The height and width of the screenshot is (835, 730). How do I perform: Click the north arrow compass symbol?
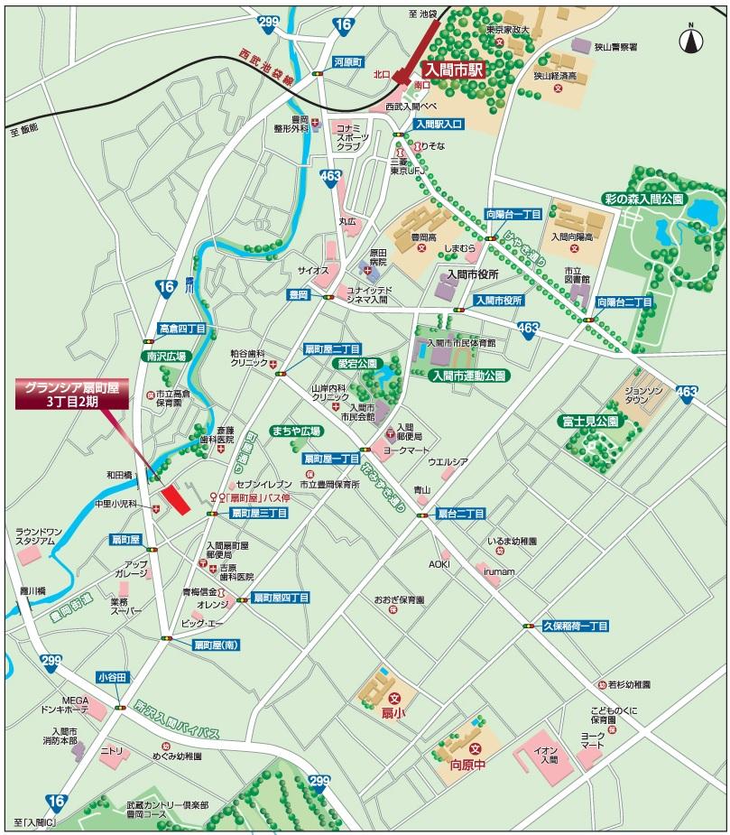pos(691,37)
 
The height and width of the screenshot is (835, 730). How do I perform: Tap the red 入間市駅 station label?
pos(456,69)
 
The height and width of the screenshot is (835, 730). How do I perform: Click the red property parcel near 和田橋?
pos(176,498)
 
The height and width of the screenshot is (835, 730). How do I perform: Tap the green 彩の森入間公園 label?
pos(645,199)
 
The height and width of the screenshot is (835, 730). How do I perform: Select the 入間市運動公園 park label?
pos(468,375)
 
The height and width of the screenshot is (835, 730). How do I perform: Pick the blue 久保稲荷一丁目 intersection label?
pos(575,626)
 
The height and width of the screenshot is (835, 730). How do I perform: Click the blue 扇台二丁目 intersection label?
pos(460,513)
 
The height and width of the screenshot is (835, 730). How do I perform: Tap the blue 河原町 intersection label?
pos(347,63)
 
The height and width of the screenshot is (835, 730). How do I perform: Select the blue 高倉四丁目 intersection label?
pos(182,329)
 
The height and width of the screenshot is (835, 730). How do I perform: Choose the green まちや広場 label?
pos(297,431)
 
